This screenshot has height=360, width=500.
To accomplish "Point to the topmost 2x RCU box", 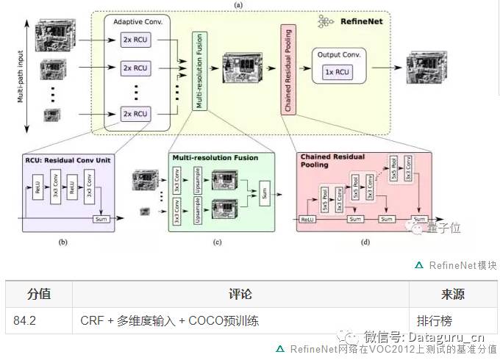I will coord(135,40).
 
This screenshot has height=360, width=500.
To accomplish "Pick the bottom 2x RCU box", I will coord(135,113).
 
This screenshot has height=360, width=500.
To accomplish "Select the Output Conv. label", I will coord(338,55).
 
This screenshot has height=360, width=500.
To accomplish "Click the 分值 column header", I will coord(39,295).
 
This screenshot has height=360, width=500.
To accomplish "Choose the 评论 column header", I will coord(240,295).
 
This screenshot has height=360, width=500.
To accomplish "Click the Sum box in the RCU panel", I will coord(100,219).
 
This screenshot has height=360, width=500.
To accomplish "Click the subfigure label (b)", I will coord(61,240).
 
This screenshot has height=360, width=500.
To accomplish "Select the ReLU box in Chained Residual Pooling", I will coord(307,219).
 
